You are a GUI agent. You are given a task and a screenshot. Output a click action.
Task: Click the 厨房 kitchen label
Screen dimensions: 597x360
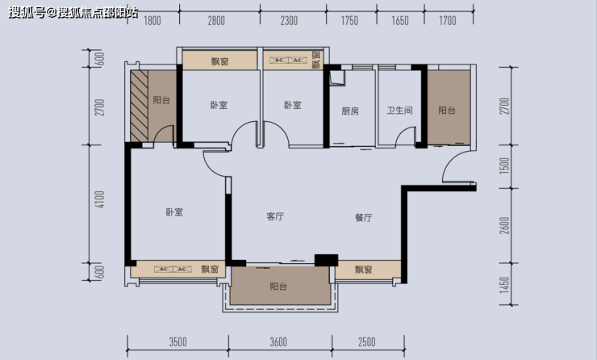point(350,111)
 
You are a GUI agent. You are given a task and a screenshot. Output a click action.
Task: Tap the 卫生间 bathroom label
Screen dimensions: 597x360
point(399,111)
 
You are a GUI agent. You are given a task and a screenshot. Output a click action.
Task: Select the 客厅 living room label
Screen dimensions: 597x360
point(275,216)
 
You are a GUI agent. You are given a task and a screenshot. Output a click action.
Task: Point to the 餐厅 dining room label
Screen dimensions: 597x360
point(363,217)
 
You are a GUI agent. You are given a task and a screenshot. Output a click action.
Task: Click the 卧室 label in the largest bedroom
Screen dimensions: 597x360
point(174,211)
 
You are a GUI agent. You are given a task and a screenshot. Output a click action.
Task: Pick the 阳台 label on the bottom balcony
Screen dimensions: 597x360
point(278,286)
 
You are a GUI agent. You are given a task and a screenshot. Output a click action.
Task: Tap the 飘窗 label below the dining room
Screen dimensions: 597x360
point(363,270)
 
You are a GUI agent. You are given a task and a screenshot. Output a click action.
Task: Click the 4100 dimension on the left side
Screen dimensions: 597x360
point(99,199)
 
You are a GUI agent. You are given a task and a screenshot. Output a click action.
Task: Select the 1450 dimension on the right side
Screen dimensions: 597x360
point(504,285)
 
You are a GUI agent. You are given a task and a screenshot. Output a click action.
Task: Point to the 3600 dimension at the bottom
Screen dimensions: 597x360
point(278,342)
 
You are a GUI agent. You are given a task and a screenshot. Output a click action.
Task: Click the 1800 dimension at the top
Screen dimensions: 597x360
point(152,20)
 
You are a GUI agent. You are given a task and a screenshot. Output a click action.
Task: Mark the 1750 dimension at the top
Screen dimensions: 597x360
point(349,20)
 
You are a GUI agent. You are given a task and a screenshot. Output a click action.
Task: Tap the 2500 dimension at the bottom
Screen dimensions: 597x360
point(366,342)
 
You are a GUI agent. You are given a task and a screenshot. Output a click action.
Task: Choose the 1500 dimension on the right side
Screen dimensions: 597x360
point(504,165)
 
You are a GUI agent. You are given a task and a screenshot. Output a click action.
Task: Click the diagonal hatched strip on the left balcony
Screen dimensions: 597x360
point(139,106)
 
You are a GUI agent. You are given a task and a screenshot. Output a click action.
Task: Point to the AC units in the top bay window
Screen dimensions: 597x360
point(288,61)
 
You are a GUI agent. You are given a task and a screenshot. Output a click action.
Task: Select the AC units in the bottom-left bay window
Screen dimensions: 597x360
point(173,270)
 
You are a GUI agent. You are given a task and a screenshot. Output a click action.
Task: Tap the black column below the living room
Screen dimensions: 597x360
point(326,260)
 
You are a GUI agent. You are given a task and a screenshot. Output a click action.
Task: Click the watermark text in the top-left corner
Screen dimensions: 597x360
point(73,12)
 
